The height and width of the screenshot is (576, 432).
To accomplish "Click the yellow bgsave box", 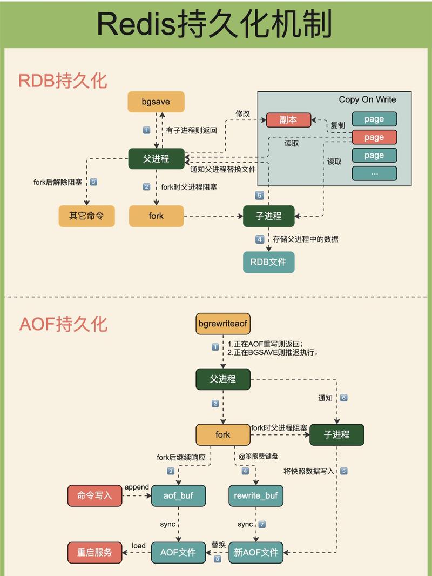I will [x=156, y=102].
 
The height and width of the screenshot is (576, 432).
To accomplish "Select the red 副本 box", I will [x=289, y=120].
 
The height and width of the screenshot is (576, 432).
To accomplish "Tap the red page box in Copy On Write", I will [x=374, y=137].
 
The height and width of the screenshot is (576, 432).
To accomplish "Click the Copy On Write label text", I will [x=367, y=99].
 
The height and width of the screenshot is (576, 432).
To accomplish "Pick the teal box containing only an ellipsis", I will [x=374, y=173].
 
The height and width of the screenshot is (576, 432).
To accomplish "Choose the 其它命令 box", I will [x=86, y=216].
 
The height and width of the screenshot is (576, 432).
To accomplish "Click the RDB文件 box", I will [x=268, y=263].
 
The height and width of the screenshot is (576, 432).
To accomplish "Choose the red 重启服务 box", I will [x=94, y=552].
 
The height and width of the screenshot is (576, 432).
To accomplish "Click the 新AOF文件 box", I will [x=256, y=552].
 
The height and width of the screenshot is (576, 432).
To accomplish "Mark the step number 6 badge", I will [x=343, y=398].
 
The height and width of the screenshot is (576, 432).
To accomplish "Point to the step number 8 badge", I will [x=217, y=559].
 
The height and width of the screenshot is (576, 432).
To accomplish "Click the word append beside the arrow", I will [x=137, y=487].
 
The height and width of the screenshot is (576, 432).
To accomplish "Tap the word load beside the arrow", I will [x=139, y=546].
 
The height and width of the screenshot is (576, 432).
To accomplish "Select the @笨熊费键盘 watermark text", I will [x=259, y=457].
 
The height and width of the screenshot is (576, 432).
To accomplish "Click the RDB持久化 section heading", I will [x=63, y=81].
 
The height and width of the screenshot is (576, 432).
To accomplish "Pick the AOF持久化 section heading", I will [x=63, y=324].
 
